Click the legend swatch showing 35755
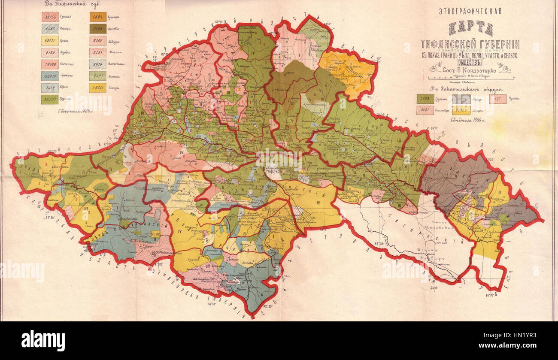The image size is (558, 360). [x=50, y=17]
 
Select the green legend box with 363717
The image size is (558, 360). [x=50, y=100]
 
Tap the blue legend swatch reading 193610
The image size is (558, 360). [x=50, y=76]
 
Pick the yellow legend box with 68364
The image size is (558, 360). [x=98, y=88]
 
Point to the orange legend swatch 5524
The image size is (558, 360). [x=98, y=17]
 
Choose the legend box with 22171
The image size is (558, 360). [x=50, y=41]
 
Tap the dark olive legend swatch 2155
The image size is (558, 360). [x=98, y=29]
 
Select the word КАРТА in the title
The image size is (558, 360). [x=470, y=29]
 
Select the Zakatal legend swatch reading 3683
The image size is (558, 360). [x=425, y=99]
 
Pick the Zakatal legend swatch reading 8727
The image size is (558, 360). [x=425, y=110]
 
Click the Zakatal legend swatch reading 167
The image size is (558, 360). [x=497, y=99]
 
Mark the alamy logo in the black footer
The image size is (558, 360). [x=43, y=341]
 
